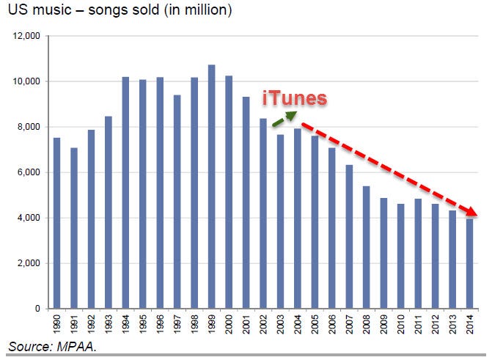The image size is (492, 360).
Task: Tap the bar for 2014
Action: [470, 264]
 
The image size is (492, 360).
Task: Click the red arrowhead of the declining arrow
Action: [473, 213]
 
